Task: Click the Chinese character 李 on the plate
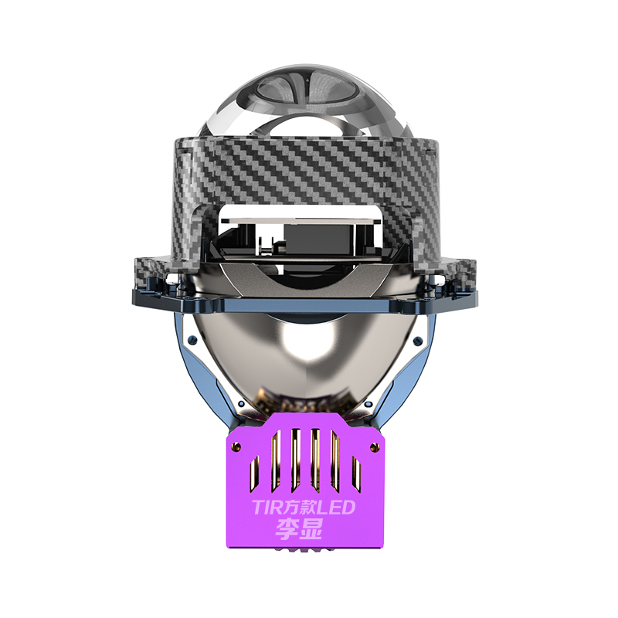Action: (x=287, y=529)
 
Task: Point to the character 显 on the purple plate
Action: (x=311, y=529)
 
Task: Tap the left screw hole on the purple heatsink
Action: (x=237, y=447)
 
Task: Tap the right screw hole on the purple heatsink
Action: (x=373, y=447)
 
